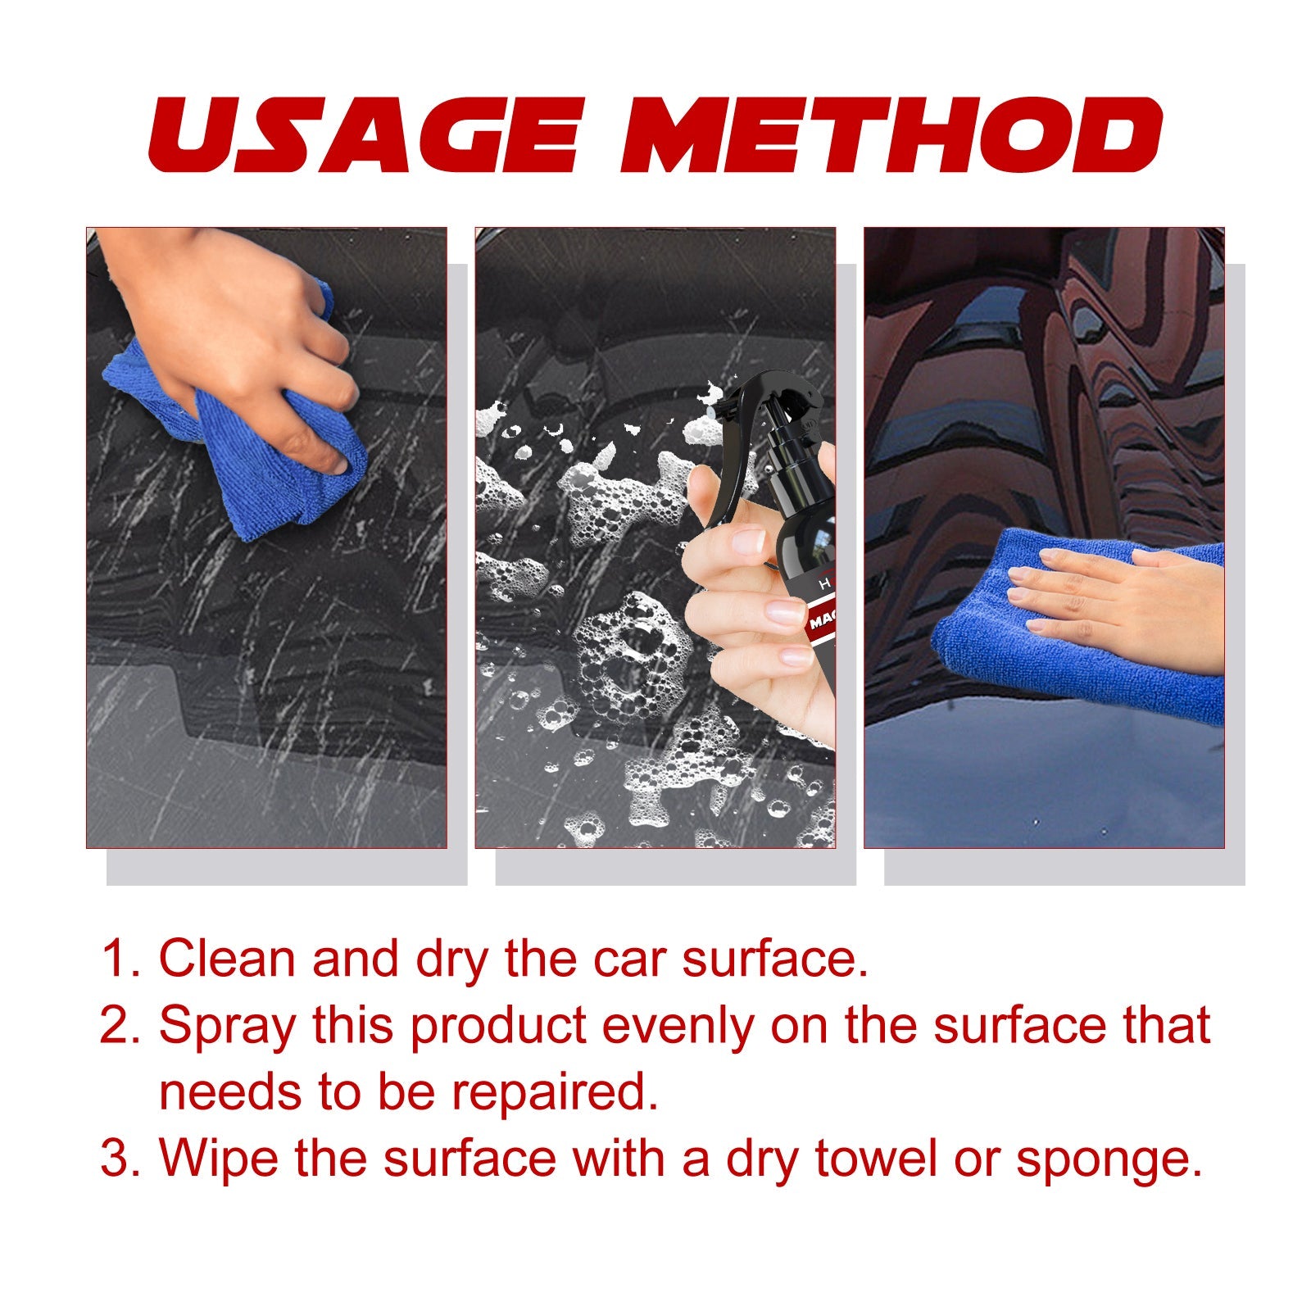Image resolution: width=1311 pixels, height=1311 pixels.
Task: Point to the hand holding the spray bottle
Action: point(754,623)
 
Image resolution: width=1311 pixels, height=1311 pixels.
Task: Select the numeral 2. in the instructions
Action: point(121,1026)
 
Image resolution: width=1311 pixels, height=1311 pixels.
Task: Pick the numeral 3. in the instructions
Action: point(121,1159)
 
